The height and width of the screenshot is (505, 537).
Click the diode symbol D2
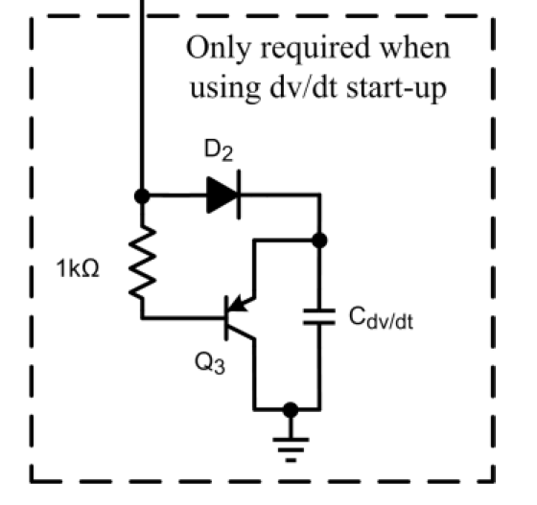point(223,195)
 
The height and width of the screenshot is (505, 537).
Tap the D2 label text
point(219,149)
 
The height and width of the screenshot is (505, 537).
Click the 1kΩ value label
point(78,268)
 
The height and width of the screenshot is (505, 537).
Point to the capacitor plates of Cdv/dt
point(319,316)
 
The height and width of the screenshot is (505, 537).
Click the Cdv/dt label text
point(381,318)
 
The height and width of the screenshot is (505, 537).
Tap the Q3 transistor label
point(210,363)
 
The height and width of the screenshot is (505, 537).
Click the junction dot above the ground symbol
point(291,409)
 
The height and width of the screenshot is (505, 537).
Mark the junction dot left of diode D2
point(142,196)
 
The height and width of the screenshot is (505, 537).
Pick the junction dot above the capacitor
point(319,241)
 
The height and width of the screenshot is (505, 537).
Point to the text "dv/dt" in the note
point(304,86)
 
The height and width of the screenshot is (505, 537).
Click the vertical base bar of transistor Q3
point(226,318)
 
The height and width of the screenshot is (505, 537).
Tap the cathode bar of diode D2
point(239,195)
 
